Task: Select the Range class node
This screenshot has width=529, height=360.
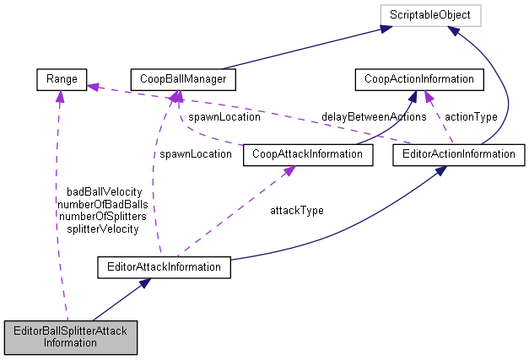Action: pos(57,80)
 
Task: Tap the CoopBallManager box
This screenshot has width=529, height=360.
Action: pos(182,80)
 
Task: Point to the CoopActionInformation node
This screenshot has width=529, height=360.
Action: pos(418,80)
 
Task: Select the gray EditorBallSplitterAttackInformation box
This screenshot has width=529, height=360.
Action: pos(71,336)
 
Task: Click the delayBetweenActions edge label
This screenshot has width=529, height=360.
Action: pos(373,116)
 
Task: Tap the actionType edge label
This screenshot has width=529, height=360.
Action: pos(470,116)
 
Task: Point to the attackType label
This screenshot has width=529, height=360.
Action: pos(296,209)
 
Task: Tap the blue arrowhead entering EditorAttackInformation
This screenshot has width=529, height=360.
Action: pos(146,284)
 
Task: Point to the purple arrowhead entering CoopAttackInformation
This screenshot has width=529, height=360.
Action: pos(289,169)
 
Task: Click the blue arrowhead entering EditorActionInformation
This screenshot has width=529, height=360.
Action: pos(440,170)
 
